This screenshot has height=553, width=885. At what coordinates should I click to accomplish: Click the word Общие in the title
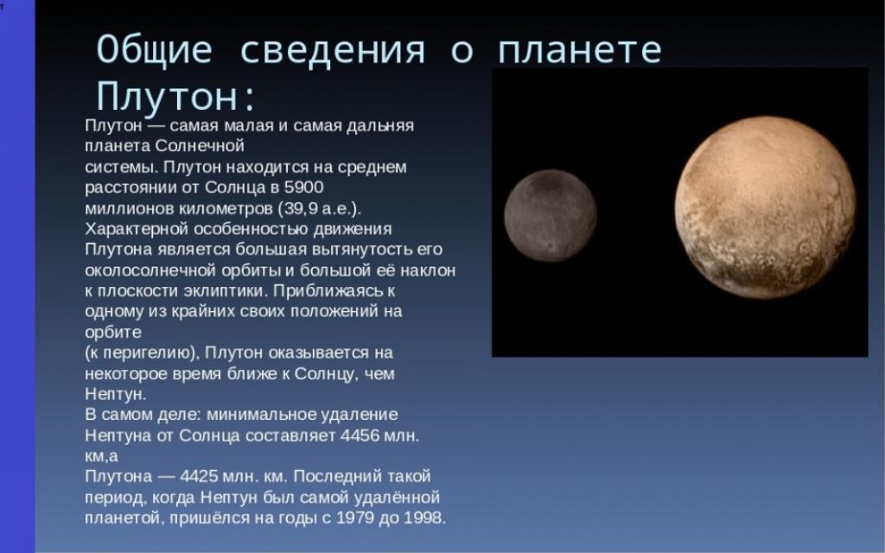[154, 49]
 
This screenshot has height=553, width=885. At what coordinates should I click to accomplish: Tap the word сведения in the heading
[333, 49]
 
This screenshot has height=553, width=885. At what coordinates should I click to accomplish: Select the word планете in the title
[579, 49]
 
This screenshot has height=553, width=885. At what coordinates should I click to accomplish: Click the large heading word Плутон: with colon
[175, 96]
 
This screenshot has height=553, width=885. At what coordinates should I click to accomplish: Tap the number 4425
[198, 476]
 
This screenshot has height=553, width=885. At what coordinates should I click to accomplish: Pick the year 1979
[355, 518]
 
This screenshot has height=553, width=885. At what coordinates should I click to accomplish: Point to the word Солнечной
[200, 145]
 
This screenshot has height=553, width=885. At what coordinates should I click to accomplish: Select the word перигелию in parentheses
[145, 353]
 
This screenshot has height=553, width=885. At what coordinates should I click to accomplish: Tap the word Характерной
[136, 229]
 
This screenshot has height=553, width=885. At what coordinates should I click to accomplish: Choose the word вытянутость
[358, 250]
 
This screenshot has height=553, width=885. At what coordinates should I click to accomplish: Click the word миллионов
[130, 208]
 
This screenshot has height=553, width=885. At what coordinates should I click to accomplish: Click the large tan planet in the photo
[765, 207]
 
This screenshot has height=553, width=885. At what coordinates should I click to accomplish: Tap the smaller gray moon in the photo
[551, 216]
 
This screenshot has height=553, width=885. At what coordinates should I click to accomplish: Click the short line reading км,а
[102, 456]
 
